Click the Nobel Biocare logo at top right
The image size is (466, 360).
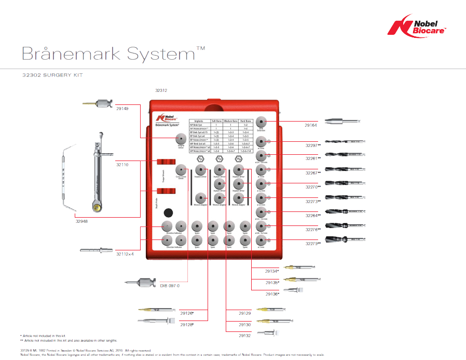[420, 26]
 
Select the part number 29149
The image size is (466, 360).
[122, 109]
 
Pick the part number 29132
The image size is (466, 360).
[244, 336]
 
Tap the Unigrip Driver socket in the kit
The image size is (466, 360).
[181, 139]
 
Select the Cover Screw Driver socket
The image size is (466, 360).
[181, 170]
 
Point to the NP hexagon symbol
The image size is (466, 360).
[200, 158]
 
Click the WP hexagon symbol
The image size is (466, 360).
[238, 158]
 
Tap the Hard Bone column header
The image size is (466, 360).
[246, 121]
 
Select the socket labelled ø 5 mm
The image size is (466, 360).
[261, 240]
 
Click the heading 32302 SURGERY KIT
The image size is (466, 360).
[52, 75]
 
